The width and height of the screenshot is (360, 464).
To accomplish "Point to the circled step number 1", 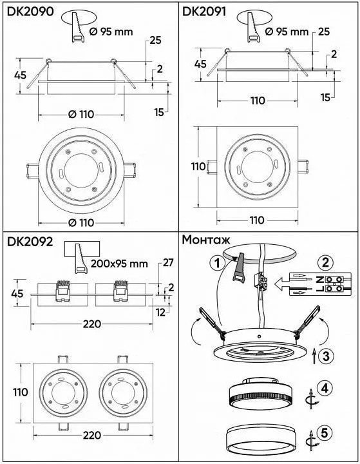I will point(218,263).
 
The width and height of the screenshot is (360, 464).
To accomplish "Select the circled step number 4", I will point(326,389).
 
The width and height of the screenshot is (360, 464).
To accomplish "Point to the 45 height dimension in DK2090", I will point(20,75).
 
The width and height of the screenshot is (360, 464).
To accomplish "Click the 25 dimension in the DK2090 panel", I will point(155,41).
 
